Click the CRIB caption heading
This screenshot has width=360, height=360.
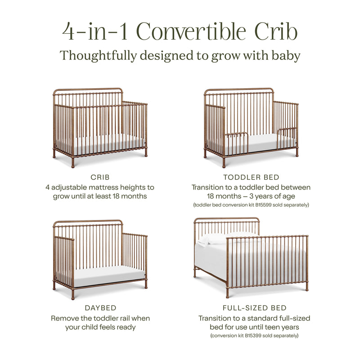coord(100,177)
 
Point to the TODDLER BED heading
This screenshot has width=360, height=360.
coord(251,177)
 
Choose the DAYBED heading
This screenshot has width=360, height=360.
coord(100,308)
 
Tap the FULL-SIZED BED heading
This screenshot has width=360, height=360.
coord(254,308)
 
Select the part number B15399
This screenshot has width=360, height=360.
coord(260,336)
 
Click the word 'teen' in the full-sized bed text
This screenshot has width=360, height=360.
coord(279,327)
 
